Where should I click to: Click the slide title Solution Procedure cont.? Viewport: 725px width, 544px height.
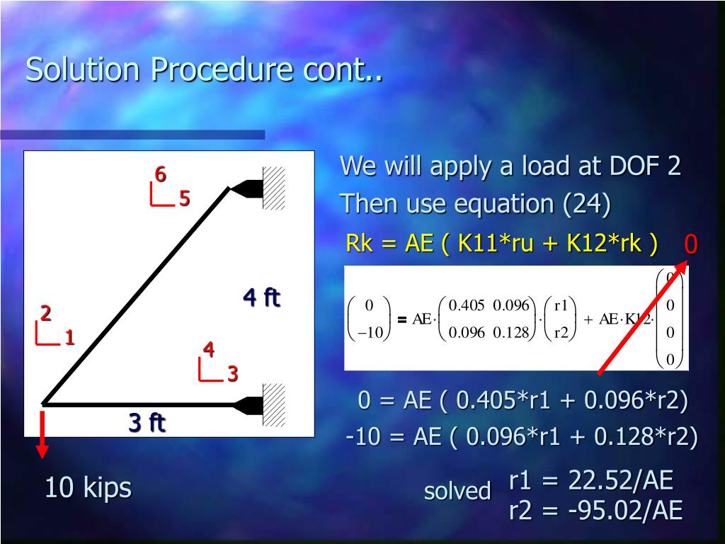[204, 70]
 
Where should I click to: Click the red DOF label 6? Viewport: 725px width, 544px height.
[161, 174]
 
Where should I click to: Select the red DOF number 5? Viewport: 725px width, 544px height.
[184, 199]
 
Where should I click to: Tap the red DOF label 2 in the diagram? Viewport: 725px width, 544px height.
[45, 313]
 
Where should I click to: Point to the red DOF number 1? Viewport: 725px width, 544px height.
[69, 338]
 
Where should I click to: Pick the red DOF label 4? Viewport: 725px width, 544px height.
[208, 349]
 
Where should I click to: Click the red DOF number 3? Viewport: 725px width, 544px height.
[232, 374]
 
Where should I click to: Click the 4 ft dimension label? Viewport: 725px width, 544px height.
[261, 297]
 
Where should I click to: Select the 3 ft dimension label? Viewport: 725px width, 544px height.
[147, 423]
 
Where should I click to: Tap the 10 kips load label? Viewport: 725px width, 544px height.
[88, 487]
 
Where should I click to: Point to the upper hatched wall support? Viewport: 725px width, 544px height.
[273, 188]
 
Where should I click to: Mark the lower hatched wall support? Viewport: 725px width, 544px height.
[273, 404]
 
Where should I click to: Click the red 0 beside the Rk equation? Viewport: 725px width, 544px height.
[691, 244]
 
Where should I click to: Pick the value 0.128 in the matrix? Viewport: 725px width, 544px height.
[511, 333]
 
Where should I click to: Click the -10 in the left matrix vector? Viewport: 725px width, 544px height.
[368, 333]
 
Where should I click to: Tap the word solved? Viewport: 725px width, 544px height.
[457, 491]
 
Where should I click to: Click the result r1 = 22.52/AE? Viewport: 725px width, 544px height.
[590, 481]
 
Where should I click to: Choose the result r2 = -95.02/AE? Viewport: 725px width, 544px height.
[595, 510]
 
